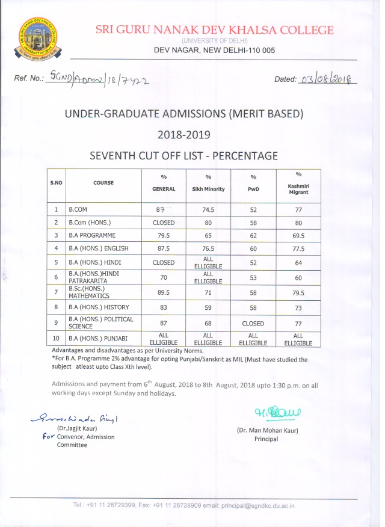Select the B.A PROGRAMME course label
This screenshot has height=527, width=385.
click(91, 235)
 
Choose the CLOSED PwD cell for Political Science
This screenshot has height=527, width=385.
click(253, 323)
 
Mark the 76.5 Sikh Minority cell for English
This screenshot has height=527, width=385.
click(208, 248)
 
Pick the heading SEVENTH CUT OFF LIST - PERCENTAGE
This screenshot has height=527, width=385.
click(183, 156)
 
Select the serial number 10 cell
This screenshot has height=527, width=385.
click(55, 338)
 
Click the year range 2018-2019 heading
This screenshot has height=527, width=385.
click(184, 134)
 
